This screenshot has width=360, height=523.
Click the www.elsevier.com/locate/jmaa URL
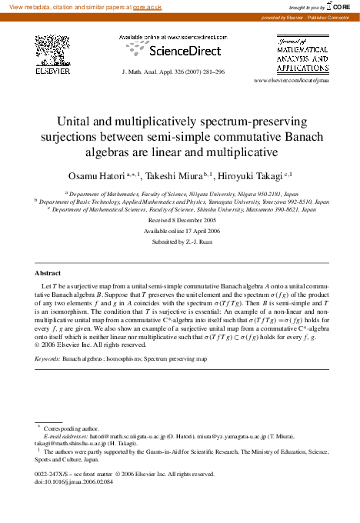[302, 79]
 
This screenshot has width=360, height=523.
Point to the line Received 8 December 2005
[179, 219]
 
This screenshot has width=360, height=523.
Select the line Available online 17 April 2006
[179, 230]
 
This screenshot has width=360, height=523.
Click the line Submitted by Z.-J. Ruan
[179, 241]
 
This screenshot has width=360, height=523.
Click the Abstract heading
[48, 273]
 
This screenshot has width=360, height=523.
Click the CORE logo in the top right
[338, 6]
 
